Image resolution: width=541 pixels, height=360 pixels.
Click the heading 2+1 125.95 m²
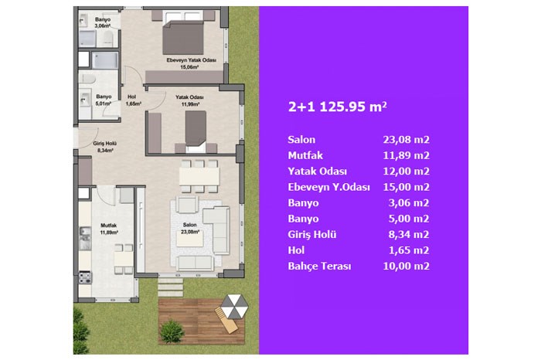338,107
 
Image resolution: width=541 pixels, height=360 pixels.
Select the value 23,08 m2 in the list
406,140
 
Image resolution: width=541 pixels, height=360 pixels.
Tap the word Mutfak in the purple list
305,155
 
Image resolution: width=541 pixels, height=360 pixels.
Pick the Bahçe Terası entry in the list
319,267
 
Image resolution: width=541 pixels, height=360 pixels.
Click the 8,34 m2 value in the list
409,235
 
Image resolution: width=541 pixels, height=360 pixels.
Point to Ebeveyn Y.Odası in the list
328,187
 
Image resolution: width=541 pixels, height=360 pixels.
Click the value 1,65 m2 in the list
409,250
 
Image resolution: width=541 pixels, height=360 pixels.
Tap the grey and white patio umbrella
234,306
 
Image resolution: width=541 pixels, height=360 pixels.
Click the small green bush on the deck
172,331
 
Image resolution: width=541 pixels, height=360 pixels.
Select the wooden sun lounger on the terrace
226,321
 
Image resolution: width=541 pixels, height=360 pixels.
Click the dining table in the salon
199,176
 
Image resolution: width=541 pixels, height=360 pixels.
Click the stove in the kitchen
85,277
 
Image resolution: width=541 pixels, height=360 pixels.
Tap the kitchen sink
85,238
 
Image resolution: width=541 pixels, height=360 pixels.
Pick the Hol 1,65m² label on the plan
133,100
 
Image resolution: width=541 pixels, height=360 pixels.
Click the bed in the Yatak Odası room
196,131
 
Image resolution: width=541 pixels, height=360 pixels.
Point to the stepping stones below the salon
171,287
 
